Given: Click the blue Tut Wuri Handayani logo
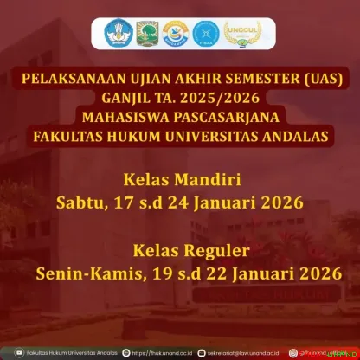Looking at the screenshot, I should (x=119, y=34).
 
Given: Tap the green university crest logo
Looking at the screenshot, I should (x=147, y=34).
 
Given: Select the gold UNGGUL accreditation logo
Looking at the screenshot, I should (x=237, y=34).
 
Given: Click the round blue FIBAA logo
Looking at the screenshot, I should (x=206, y=34).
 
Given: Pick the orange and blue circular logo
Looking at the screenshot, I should (x=176, y=34).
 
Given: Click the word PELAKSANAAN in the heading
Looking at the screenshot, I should (x=79, y=79).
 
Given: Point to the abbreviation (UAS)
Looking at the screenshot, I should (x=319, y=79).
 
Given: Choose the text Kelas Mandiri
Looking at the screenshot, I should (x=180, y=182).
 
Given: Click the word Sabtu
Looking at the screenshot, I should (x=82, y=203).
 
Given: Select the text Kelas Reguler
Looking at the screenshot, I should (x=180, y=251).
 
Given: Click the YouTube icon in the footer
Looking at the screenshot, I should (x=8, y=352).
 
